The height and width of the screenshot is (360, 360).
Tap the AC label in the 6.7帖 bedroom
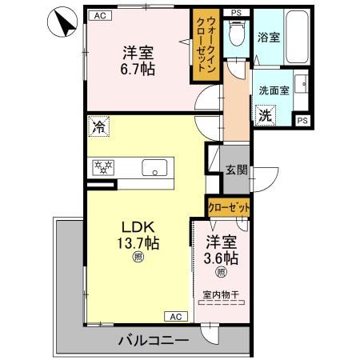(98, 15)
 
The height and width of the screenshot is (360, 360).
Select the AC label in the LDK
(175, 316)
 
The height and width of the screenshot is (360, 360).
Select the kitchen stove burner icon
(105, 168)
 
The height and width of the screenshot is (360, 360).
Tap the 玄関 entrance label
(235, 169)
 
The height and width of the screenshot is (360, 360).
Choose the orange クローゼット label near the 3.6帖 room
(228, 207)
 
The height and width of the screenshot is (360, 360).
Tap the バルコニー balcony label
(154, 340)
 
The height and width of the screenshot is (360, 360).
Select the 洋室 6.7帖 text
(138, 62)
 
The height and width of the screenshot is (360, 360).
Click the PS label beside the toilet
(234, 14)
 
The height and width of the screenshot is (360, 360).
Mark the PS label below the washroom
(302, 120)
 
